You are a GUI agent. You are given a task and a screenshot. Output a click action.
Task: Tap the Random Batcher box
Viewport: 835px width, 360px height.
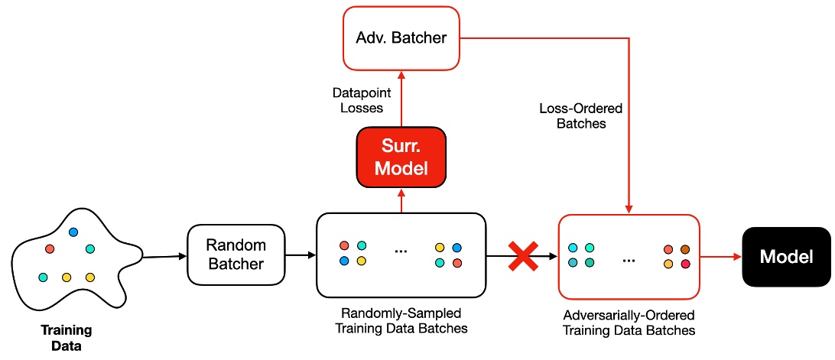[237, 255]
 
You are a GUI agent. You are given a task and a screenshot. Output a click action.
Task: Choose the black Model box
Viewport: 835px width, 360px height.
[786, 257]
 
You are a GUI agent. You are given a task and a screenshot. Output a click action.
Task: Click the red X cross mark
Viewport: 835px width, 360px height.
[523, 256]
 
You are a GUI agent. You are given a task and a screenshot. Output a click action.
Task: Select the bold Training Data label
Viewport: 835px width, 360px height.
[67, 338]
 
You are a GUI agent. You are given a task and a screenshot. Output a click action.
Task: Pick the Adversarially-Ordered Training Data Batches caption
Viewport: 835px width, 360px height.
[629, 323]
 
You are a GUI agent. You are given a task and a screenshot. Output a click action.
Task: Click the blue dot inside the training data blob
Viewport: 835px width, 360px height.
[73, 232]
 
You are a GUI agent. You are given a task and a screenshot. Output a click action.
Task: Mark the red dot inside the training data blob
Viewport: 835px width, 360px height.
[50, 248]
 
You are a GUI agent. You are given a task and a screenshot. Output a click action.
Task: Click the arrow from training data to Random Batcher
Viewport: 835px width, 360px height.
[165, 256]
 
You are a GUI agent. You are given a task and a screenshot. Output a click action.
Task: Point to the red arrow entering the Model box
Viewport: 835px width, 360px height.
[721, 257]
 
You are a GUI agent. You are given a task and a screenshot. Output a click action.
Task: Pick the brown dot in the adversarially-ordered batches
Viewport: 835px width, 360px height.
[685, 249]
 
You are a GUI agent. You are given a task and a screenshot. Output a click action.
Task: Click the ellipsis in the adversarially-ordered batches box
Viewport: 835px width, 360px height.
[629, 259]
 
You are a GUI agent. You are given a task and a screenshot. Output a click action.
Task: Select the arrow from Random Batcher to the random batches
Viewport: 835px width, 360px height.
[301, 256]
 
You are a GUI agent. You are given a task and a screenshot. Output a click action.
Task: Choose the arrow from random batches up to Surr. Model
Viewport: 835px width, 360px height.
[401, 199]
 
